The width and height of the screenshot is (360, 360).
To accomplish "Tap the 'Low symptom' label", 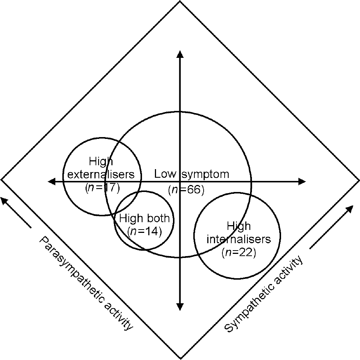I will [x=191, y=174].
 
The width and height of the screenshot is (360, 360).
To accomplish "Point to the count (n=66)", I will [x=186, y=190].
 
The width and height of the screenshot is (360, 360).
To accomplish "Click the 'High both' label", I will [x=144, y=219].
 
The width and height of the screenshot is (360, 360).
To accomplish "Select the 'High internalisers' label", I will [x=239, y=232].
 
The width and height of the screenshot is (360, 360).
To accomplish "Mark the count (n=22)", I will [x=239, y=253].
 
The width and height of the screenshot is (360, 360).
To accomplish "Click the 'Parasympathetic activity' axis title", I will [x=86, y=284].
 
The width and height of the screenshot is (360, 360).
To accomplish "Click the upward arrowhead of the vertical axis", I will [x=180, y=53].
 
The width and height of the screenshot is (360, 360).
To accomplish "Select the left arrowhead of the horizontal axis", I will [x=52, y=181].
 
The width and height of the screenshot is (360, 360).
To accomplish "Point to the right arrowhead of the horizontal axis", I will [x=302, y=181].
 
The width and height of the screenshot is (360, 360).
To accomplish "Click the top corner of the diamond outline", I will [x=180, y=1].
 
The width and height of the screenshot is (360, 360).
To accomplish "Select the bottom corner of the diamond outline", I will [x=180, y=358].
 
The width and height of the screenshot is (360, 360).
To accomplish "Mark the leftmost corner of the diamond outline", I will [x=1, y=179].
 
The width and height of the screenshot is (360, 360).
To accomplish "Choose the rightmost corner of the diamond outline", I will [x=359, y=180].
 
